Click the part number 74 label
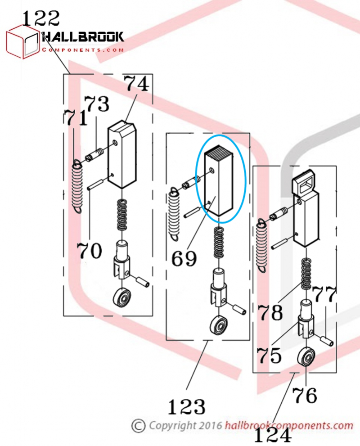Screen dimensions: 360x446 click(x=137, y=84)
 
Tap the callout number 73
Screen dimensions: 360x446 click(x=97, y=104)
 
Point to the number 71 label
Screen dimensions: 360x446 click(x=75, y=118)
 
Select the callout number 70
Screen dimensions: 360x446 click(x=89, y=251)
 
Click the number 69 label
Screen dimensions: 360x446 click(x=184, y=258)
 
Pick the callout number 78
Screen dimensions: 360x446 click(x=270, y=312)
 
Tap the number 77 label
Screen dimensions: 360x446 click(x=324, y=294)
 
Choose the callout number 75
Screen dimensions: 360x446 click(x=269, y=355)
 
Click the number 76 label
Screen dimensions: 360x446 click(x=305, y=395)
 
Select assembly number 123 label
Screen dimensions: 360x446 click(x=187, y=406)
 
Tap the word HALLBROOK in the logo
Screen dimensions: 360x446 click(x=83, y=37)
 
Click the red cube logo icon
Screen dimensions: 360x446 click(x=23, y=42)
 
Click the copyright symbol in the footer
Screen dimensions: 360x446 click(x=139, y=426)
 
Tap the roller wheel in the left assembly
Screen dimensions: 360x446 click(x=122, y=298)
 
